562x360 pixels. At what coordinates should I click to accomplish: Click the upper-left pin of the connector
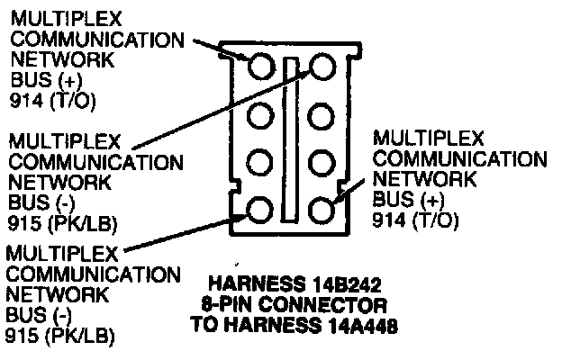coord(259,67)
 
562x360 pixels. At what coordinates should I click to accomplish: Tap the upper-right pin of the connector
coord(322,67)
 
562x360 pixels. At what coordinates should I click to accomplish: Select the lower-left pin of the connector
coord(259,211)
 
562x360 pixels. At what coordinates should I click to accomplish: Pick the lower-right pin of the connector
coord(322,211)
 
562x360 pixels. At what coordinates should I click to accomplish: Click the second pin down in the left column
coord(259,115)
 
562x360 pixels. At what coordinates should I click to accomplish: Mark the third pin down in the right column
coord(322,163)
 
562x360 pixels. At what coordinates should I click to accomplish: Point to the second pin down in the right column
coord(322,115)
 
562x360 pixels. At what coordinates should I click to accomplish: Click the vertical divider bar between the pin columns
coord(290,139)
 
